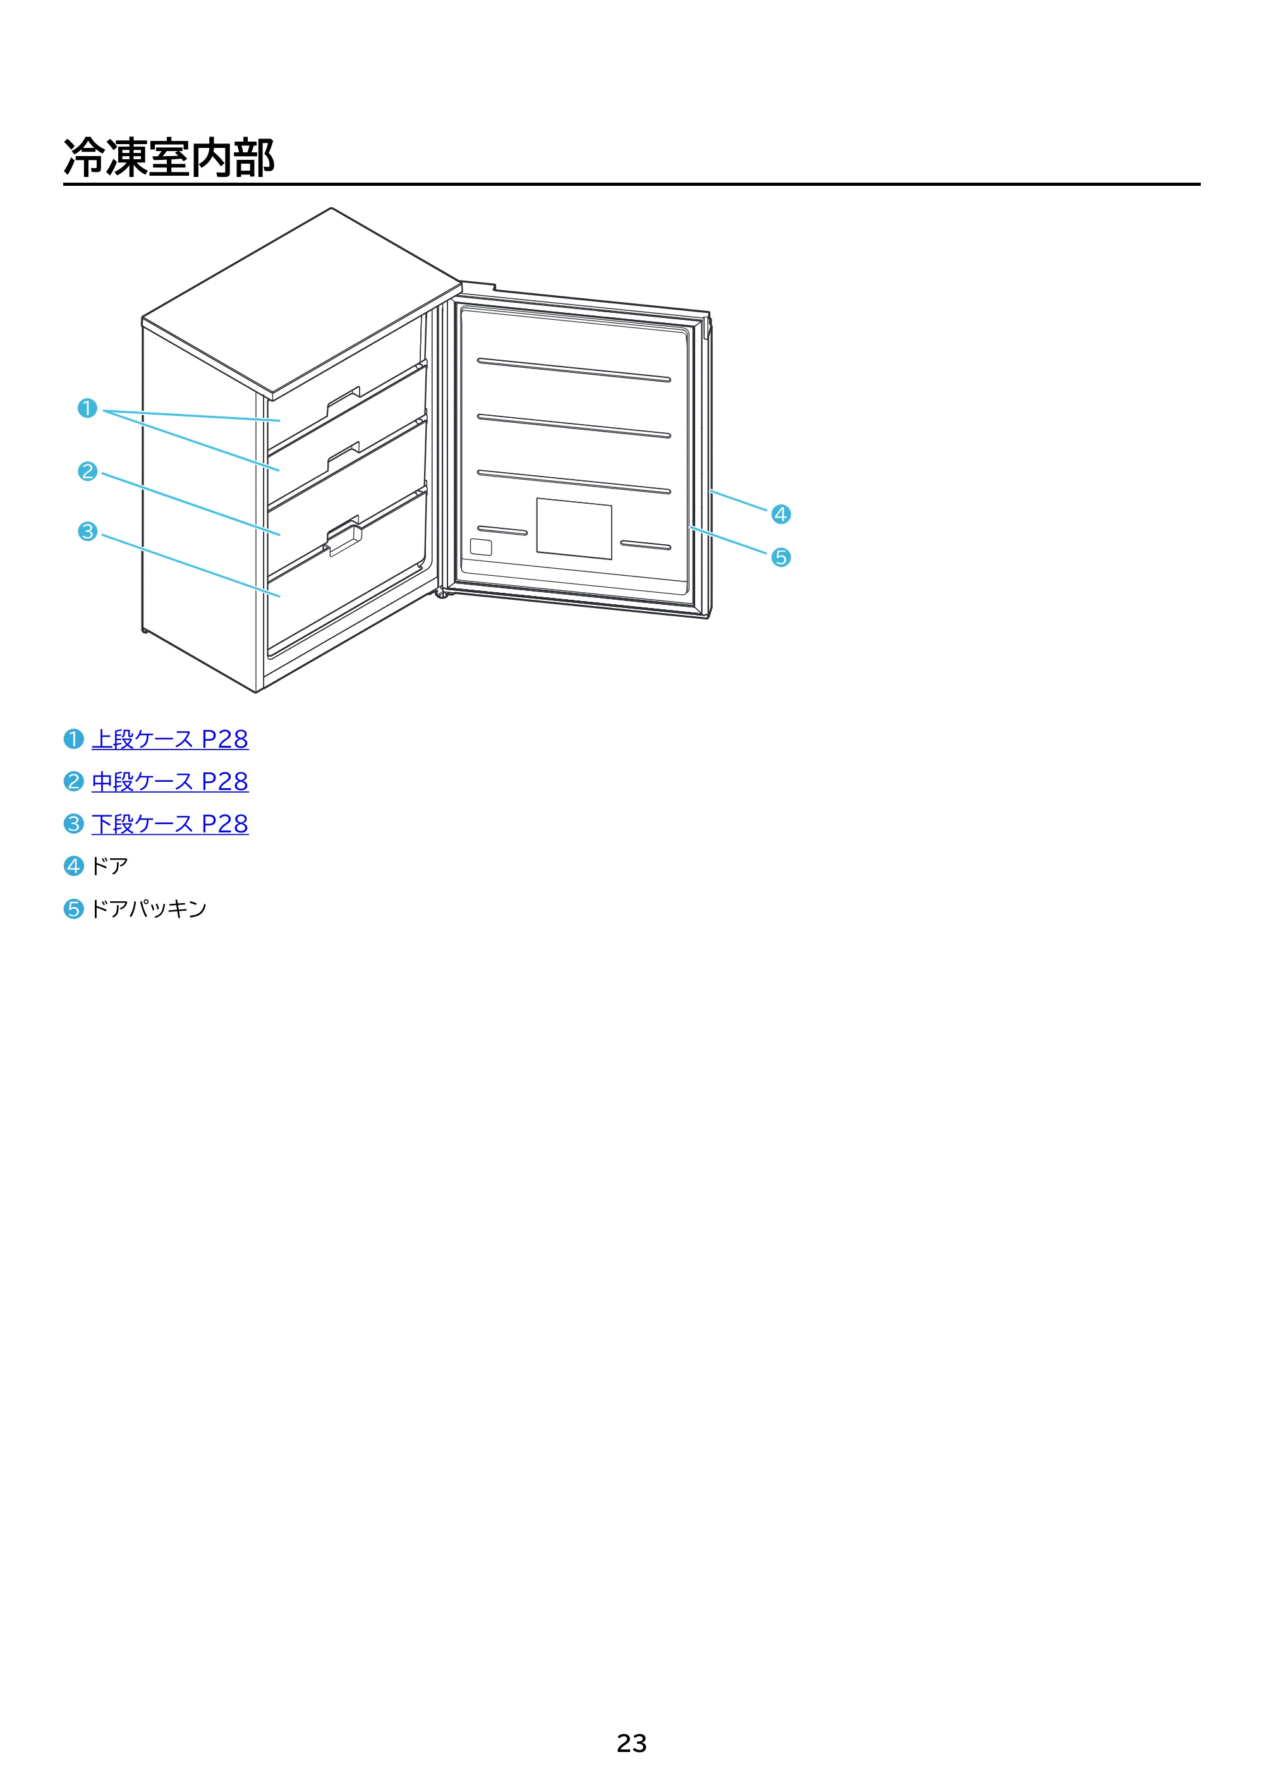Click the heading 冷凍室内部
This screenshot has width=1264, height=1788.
coord(169,157)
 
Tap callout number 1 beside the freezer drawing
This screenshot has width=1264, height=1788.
coord(87,408)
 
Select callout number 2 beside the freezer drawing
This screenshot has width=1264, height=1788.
coord(87,471)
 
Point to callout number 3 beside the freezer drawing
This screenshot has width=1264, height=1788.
coord(87,532)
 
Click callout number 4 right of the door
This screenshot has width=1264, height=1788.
coord(781,514)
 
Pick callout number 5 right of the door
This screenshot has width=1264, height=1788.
coord(781,557)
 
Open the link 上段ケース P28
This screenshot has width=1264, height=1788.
coord(170,739)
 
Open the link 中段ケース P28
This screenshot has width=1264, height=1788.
coord(170,781)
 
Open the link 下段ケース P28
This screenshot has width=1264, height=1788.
coord(170,824)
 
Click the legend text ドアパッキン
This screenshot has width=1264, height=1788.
coord(149,909)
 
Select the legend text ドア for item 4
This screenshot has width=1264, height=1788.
coord(110,866)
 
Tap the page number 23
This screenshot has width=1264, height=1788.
coord(631,1743)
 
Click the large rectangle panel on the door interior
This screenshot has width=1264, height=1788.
coord(574,529)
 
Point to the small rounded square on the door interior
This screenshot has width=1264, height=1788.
coord(482,547)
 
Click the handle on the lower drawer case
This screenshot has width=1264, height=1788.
coord(345,540)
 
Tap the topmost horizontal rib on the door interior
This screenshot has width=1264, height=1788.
coord(574,370)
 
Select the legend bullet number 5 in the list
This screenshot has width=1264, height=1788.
coord(73,909)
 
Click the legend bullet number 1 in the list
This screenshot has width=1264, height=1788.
coord(73,739)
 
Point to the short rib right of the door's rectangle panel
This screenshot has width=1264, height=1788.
coord(646,545)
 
